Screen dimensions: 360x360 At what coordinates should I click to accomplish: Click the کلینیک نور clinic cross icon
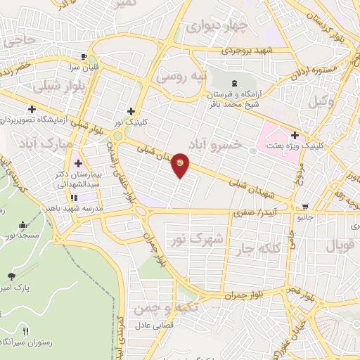click(131, 110)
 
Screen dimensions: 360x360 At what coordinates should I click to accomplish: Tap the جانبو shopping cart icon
click(305, 207)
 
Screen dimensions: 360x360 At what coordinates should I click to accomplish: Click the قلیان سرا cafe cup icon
click(84, 57)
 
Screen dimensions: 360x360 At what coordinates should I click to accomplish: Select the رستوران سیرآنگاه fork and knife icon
click(26, 331)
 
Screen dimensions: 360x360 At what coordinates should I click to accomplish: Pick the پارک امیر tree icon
click(11, 276)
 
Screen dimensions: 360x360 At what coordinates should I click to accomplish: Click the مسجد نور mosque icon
click(22, 225)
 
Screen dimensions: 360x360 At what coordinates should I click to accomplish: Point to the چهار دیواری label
click(217, 29)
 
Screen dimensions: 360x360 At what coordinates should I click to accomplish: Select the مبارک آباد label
click(25, 139)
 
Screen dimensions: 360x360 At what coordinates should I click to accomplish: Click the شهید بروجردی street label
click(246, 51)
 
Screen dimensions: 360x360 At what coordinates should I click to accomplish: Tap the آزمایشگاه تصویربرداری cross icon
click(31, 109)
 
